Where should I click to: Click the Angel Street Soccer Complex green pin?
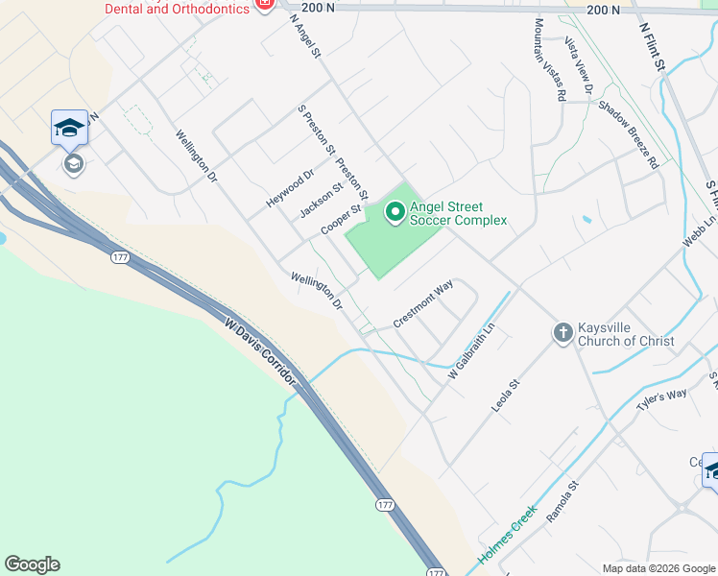394,211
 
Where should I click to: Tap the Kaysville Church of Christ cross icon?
562,333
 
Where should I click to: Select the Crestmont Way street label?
422,303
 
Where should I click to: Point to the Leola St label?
505,396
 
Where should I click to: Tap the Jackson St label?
321,200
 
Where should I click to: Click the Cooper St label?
342,222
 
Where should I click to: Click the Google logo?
32,564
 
